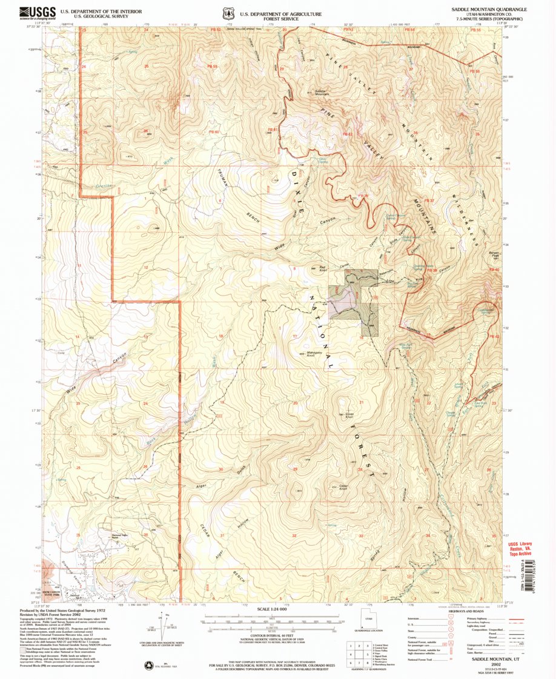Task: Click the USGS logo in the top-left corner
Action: pos(38,12)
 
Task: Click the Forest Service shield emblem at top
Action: pos(228,12)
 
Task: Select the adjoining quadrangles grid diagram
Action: pos(358,654)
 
